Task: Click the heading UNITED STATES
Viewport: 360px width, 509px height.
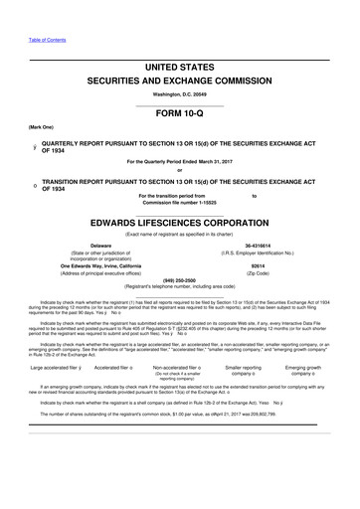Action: pyautogui.click(x=181, y=65)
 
